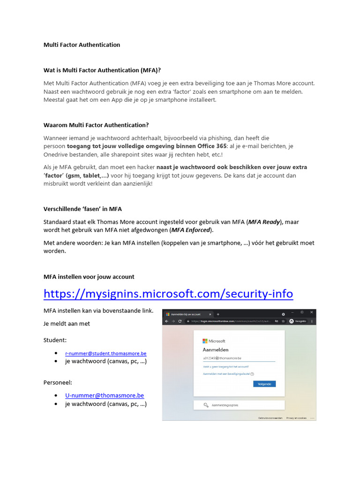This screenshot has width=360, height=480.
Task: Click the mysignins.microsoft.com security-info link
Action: [168, 294]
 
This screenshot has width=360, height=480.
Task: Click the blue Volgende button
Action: [264, 384]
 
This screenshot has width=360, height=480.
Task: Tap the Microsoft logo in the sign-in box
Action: [205, 341]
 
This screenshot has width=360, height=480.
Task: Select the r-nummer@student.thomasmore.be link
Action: [105, 353]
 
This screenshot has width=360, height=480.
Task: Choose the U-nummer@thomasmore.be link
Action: [105, 396]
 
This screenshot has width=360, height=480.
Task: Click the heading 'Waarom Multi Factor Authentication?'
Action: [96, 125]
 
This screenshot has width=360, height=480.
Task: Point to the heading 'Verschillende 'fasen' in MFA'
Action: [82, 209]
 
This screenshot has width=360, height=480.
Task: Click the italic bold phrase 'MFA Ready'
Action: [264, 222]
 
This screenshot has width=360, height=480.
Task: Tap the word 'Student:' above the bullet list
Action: [55, 340]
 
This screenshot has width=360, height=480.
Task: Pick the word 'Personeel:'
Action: [58, 382]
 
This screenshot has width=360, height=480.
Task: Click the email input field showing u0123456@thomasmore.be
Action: [238, 358]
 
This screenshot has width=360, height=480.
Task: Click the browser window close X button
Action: [311, 313]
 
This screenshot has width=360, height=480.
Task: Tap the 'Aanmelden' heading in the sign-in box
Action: [216, 350]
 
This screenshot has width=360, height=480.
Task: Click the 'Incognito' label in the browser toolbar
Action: [300, 321]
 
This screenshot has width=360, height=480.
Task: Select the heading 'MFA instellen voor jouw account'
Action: [89, 277]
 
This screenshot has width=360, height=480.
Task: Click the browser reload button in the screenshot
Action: [180, 321]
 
